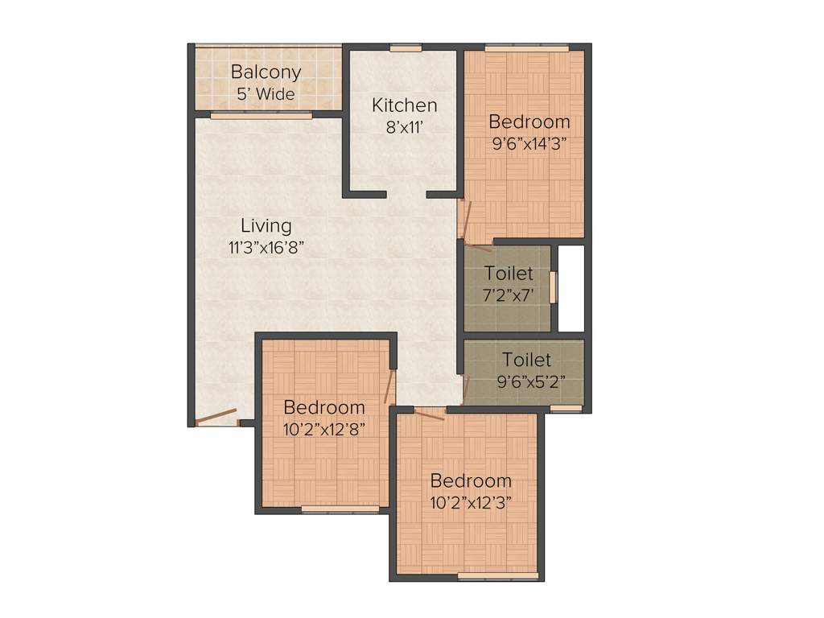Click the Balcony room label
(x=266, y=72)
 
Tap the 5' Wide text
(x=266, y=93)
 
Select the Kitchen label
(x=404, y=105)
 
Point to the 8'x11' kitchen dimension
(x=404, y=126)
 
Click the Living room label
(x=266, y=225)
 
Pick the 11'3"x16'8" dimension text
(x=266, y=247)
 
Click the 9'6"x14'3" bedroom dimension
(x=529, y=146)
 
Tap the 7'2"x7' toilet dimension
(x=509, y=295)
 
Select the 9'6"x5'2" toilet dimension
(x=526, y=380)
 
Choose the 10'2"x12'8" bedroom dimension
(x=324, y=429)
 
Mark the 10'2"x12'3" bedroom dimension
(x=471, y=502)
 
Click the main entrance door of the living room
(x=216, y=417)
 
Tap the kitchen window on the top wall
(x=406, y=48)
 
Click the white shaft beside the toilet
(x=571, y=288)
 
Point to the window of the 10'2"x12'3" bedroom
(x=497, y=576)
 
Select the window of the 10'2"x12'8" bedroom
(x=340, y=509)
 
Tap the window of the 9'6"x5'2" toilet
(x=566, y=409)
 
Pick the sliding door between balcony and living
(x=261, y=116)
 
